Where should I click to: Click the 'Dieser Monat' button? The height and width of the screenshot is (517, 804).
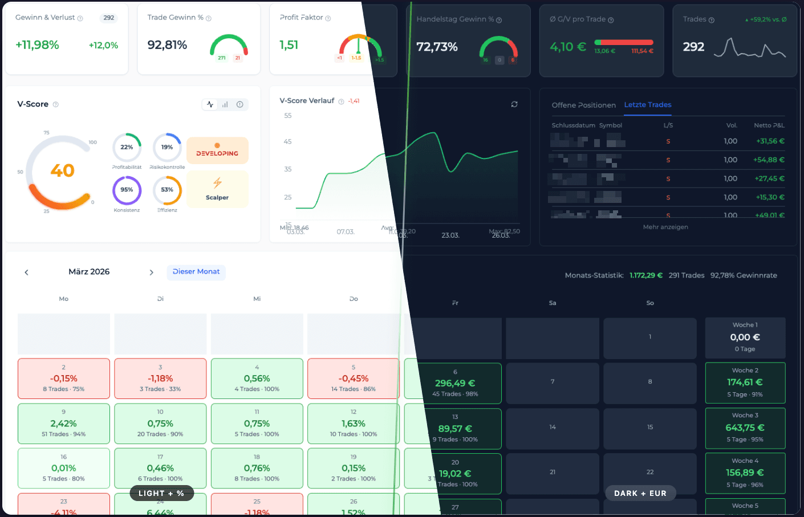[196, 272]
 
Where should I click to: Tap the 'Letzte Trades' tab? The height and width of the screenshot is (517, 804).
[647, 105]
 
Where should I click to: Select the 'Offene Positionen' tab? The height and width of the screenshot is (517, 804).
[583, 105]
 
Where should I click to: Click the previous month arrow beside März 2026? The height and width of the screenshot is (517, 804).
[26, 272]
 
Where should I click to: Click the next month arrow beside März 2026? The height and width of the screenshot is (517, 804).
[151, 272]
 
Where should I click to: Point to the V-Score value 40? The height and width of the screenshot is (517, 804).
[62, 170]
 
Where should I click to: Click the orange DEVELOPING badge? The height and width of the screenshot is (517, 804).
[217, 150]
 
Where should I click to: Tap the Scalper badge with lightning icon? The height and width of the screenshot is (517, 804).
[217, 189]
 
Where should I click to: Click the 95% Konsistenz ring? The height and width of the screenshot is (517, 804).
[127, 190]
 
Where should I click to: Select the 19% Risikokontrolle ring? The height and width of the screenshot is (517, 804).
[167, 147]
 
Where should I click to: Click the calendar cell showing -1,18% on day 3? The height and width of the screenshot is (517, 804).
[160, 378]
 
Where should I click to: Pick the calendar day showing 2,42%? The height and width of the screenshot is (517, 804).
[63, 424]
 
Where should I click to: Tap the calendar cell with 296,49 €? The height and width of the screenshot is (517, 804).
[456, 383]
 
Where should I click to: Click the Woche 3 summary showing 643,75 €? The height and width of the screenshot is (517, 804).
[745, 428]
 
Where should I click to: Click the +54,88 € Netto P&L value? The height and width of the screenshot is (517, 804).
[769, 160]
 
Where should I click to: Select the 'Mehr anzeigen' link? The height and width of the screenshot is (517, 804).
[665, 227]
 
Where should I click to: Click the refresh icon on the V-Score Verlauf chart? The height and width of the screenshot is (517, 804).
[514, 104]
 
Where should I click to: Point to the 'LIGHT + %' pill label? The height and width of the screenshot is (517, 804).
[161, 494]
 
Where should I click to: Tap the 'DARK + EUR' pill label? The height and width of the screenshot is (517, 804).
[640, 494]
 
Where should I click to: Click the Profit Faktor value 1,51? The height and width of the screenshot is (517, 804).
[289, 45]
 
